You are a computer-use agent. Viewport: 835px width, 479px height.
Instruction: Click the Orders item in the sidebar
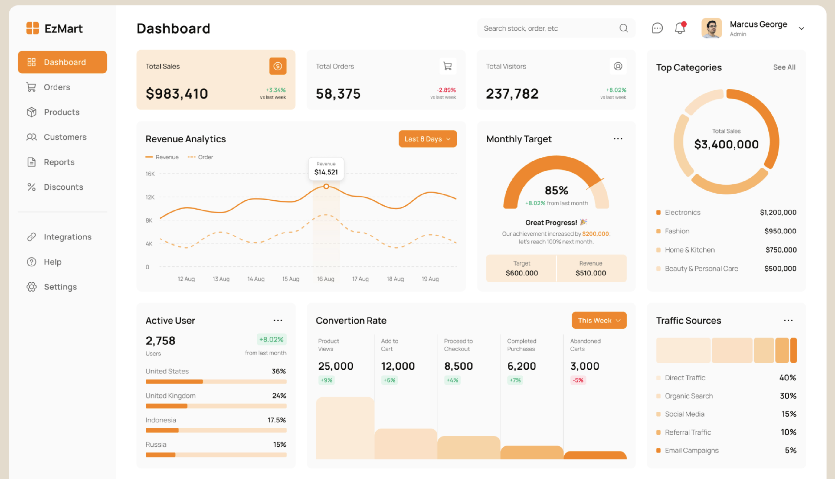(x=57, y=87)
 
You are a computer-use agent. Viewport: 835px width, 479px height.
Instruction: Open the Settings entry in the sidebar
(x=60, y=287)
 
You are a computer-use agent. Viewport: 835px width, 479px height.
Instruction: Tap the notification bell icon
(x=680, y=28)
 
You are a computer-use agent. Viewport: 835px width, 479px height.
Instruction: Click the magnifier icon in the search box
(x=623, y=28)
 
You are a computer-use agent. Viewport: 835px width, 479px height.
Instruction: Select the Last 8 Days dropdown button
(x=427, y=139)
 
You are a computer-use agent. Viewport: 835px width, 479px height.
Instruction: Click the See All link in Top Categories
(x=784, y=67)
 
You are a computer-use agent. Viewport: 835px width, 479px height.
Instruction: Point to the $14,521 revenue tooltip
(x=326, y=169)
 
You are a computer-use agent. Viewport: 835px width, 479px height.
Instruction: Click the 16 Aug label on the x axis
(x=326, y=279)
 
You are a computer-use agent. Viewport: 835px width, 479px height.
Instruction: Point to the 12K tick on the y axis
(x=150, y=197)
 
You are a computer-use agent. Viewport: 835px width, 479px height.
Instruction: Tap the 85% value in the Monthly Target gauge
(x=556, y=191)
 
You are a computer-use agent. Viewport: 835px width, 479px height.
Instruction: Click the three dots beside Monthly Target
(x=618, y=139)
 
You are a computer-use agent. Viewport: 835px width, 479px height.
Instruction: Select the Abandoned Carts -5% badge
(x=578, y=380)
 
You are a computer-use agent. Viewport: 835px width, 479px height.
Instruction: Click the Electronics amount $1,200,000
(x=778, y=213)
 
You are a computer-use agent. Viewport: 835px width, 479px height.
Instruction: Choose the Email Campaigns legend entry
(x=691, y=450)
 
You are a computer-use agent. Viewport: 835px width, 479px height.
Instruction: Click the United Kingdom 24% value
(x=279, y=396)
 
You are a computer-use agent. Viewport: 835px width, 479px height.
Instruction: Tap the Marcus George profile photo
(x=711, y=28)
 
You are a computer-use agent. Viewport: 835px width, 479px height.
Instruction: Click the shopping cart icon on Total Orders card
(x=447, y=67)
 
